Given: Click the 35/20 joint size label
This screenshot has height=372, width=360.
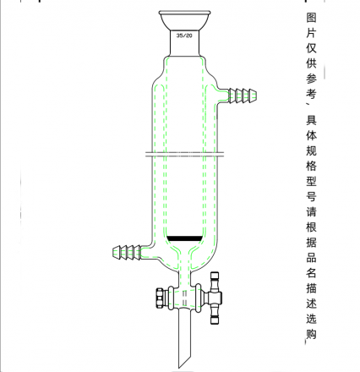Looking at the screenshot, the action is click(x=184, y=36).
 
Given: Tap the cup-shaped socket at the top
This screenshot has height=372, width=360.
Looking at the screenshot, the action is click(x=184, y=21).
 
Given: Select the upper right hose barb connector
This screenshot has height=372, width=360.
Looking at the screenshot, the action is click(x=242, y=95).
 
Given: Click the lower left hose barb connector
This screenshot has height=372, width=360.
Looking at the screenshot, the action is click(x=127, y=252).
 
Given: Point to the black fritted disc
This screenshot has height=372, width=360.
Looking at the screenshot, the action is click(x=184, y=238).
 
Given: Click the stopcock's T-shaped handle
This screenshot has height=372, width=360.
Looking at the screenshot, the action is click(x=215, y=298).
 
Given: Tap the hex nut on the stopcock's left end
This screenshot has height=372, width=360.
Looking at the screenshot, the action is click(x=160, y=298).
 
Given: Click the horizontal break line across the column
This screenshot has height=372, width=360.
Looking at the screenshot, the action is click(x=184, y=154).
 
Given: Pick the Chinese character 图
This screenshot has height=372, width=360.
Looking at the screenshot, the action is click(x=311, y=18).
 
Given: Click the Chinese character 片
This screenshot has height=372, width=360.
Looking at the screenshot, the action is click(x=311, y=33).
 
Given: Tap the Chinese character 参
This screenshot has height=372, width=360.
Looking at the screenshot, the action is click(x=311, y=79).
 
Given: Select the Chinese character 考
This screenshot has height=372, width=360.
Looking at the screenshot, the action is click(x=311, y=94).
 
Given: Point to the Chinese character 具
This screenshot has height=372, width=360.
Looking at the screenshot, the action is click(x=311, y=120).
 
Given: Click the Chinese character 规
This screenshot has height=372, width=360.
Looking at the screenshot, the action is click(x=311, y=150).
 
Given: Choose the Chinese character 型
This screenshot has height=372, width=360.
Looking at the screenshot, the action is click(x=311, y=181).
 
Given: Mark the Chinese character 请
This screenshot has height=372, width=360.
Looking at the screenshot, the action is click(x=311, y=211).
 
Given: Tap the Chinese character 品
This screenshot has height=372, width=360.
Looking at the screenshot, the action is click(x=311, y=257).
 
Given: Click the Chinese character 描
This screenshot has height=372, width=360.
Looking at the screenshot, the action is click(x=311, y=287).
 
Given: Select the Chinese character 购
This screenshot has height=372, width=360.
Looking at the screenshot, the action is click(x=311, y=333).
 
